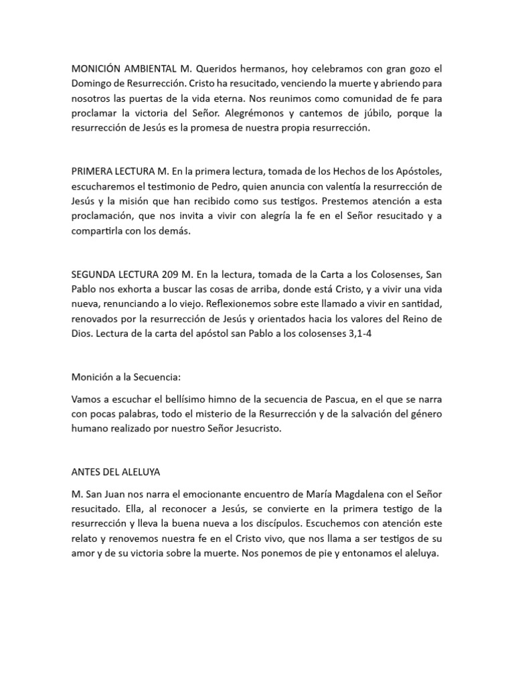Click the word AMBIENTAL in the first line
(x=147, y=69)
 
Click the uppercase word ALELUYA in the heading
(x=147, y=472)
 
